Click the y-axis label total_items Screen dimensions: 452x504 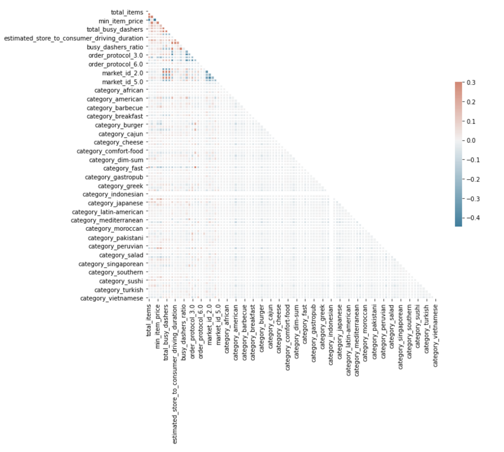[127, 12]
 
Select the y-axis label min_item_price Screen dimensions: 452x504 [121, 21]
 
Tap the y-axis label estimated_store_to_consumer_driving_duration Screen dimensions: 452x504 [74, 38]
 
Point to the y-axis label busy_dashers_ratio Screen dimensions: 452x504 [115, 47]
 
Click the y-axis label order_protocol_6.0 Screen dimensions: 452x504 [116, 64]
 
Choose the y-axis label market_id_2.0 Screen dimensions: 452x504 [123, 73]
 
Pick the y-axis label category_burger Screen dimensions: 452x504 [119, 125]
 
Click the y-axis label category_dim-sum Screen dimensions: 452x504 [116, 160]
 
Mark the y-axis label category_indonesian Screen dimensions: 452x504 [113, 194]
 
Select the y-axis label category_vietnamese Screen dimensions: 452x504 [112, 298]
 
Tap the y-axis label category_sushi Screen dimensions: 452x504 [121, 281]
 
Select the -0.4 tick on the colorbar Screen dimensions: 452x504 [473, 218]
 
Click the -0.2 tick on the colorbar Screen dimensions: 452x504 [473, 179]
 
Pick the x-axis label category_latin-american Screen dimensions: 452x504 [348, 340]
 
